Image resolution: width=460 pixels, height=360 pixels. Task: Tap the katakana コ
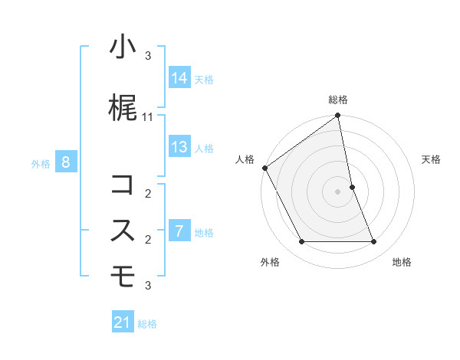coord(123,185)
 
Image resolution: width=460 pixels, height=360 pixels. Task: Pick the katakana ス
coord(123,231)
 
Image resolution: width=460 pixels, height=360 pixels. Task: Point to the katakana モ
coord(123,276)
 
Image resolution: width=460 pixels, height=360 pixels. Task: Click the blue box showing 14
coord(179,78)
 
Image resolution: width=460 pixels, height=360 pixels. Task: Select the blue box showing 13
coord(179,147)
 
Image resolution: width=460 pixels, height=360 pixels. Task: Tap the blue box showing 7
coord(179,231)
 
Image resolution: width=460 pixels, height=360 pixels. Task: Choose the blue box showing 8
coord(66,162)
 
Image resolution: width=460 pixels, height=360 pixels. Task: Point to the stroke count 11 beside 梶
coord(148,116)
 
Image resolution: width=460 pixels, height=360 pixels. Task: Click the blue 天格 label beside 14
coord(204,79)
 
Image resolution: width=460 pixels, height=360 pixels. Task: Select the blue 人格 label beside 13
coord(204,148)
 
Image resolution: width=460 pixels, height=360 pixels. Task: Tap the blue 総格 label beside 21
coord(147,323)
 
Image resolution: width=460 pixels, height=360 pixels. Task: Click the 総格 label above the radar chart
coord(338,100)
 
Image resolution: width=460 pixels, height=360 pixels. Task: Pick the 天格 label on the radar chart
coord(432,159)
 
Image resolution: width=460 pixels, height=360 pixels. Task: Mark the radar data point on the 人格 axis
coord(264,168)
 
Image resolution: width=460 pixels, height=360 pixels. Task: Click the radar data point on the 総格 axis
coord(338,116)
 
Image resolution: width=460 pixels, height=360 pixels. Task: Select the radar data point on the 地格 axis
coord(374,242)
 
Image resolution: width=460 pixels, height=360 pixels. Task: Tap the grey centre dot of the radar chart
coord(338,191)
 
